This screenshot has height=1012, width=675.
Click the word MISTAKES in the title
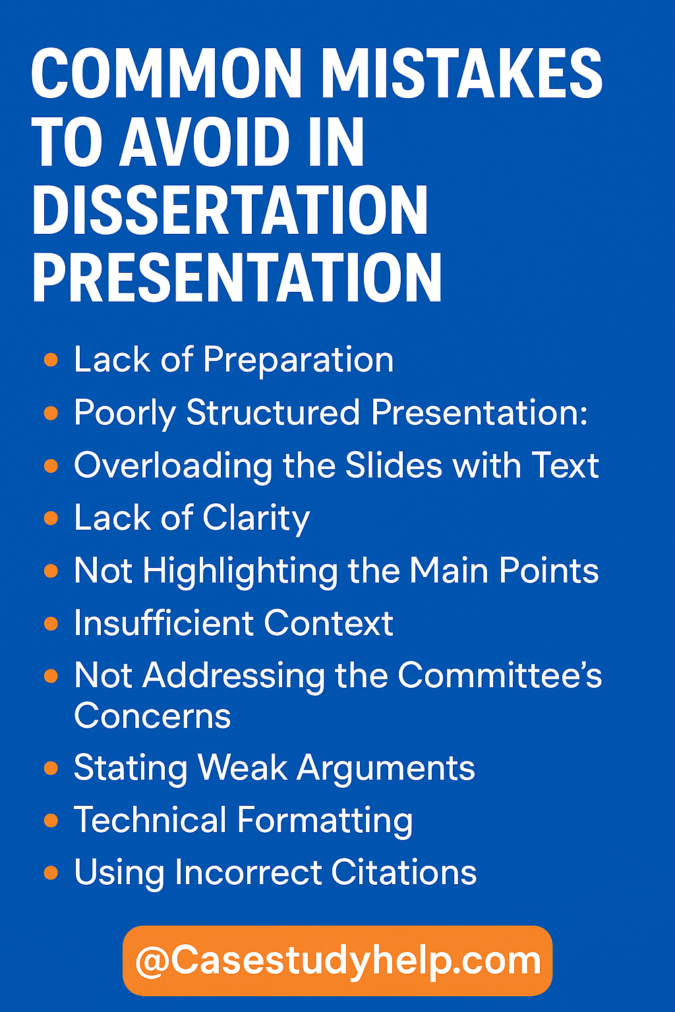[461, 73]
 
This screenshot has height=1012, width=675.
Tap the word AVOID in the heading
[204, 142]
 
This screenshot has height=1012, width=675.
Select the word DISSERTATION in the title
[230, 210]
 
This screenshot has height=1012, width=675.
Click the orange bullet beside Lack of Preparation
[51, 360]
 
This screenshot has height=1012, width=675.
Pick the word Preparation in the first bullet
[298, 360]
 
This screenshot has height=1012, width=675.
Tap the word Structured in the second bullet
[273, 413]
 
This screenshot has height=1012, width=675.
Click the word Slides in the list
[394, 465]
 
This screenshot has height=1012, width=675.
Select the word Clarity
[256, 519]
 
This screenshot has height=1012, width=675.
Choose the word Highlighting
[239, 571]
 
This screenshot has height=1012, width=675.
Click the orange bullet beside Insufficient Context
[51, 623]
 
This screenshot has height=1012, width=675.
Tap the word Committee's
[500, 676]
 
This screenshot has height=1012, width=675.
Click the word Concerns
[152, 716]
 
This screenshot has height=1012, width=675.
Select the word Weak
[243, 768]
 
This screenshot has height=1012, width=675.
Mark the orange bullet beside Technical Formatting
[51, 820]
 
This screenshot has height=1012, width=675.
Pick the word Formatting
[324, 822]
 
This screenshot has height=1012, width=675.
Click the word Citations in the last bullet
[403, 873]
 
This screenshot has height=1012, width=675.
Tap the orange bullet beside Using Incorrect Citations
[51, 873]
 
